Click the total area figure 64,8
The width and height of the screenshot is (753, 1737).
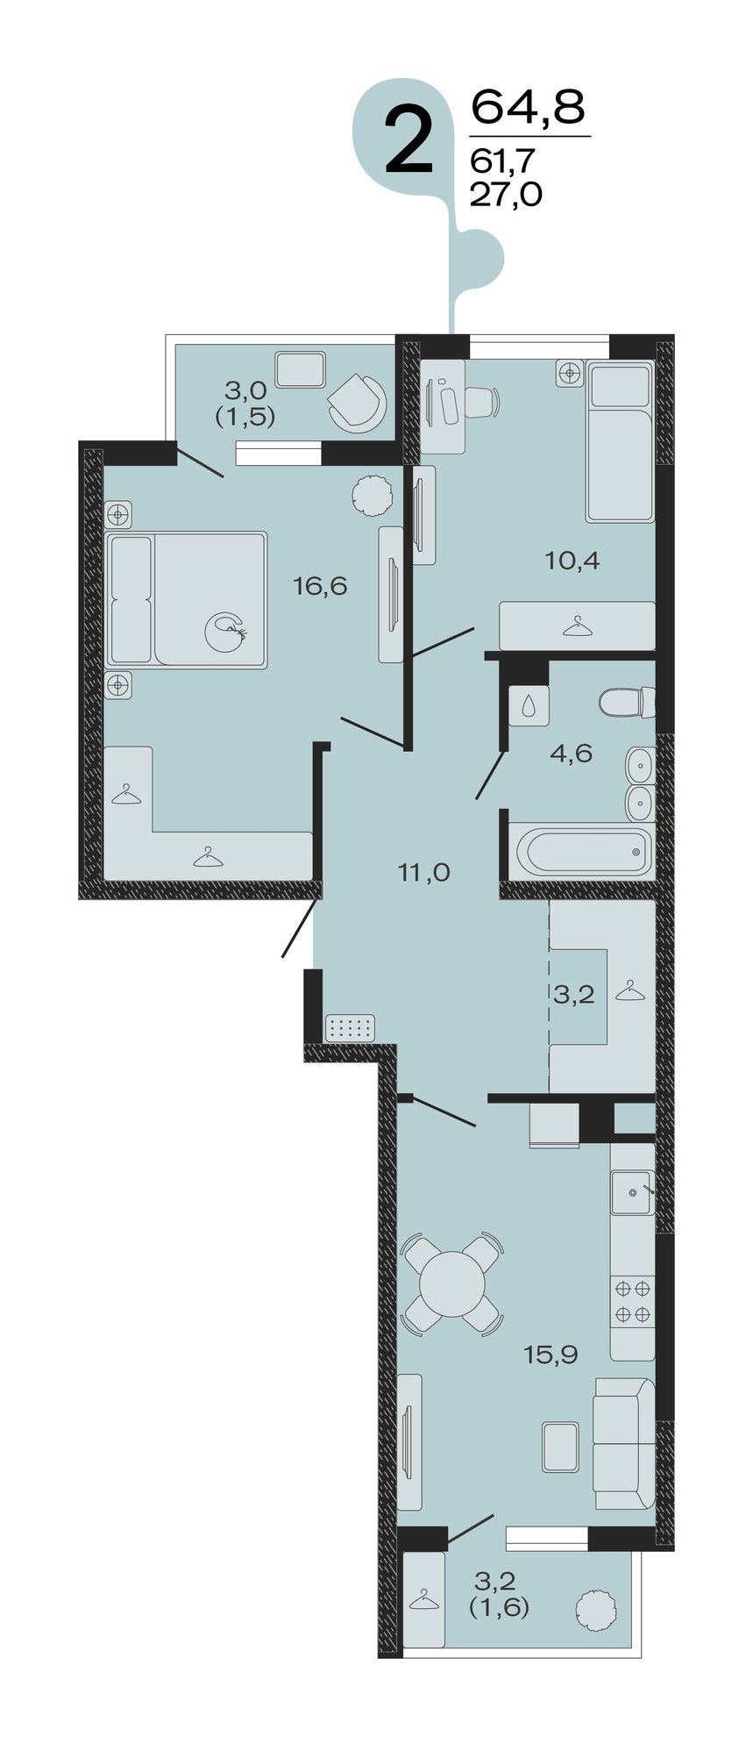pyautogui.click(x=529, y=107)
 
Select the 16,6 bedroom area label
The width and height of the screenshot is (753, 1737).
pyautogui.click(x=320, y=585)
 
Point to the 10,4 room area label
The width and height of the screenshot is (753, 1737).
pyautogui.click(x=572, y=560)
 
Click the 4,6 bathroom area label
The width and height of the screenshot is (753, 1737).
pyautogui.click(x=572, y=753)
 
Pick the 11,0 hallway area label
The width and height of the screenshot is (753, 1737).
pyautogui.click(x=423, y=872)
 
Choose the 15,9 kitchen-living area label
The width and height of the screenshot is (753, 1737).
pyautogui.click(x=551, y=1355)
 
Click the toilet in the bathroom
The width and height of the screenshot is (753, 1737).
pyautogui.click(x=628, y=702)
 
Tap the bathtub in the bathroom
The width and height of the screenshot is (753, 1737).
pyautogui.click(x=583, y=850)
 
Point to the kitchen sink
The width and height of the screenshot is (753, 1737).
pyautogui.click(x=631, y=1192)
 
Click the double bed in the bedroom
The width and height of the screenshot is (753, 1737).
pyautogui.click(x=186, y=600)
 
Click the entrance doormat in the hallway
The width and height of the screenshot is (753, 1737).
pyautogui.click(x=350, y=1027)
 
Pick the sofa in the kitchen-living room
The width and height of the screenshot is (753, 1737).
pyautogui.click(x=623, y=1442)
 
